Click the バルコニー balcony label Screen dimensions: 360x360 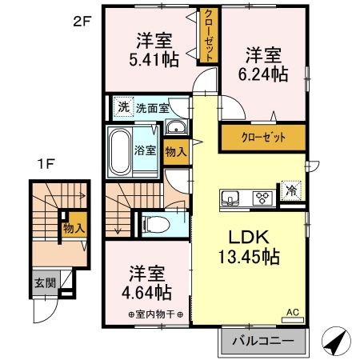coord(262,342)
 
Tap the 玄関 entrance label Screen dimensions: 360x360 coord(44,282)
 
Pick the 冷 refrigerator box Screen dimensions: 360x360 coord(291,192)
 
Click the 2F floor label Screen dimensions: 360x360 coord(83,22)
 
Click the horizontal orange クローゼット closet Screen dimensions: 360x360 coord(263,137)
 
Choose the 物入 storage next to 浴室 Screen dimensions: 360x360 coord(176,149)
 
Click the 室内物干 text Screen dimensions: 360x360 coord(147,312)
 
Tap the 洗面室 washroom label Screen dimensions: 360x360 coord(152,107)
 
